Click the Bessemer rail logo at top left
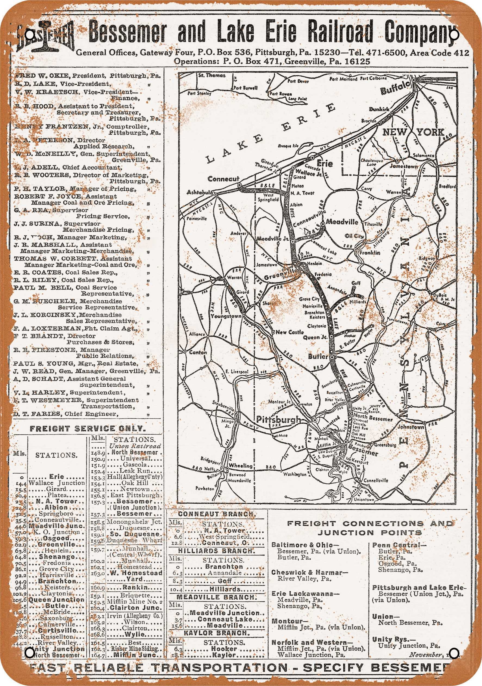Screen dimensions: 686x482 45,37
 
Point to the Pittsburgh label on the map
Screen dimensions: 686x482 278,420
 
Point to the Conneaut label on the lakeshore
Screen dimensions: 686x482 223,179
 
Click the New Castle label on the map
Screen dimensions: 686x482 289,332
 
